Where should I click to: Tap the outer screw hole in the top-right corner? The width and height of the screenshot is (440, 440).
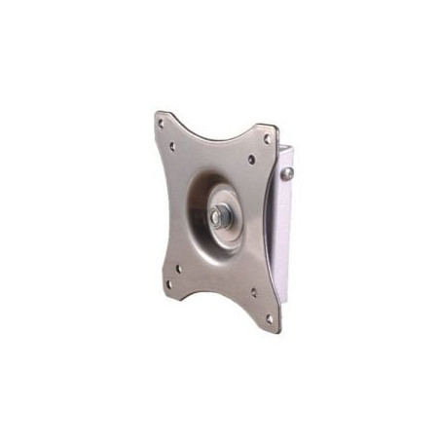(267, 138)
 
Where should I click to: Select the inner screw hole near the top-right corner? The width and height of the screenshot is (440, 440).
(251, 159)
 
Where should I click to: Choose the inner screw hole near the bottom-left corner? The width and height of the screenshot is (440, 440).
(178, 268)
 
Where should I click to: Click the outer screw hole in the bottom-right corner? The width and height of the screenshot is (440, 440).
(269, 317)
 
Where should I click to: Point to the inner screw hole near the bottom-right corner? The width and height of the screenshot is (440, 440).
(254, 291)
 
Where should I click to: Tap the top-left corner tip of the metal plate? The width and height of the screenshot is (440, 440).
(156, 114)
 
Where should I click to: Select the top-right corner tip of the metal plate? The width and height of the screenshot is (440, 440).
(275, 129)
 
